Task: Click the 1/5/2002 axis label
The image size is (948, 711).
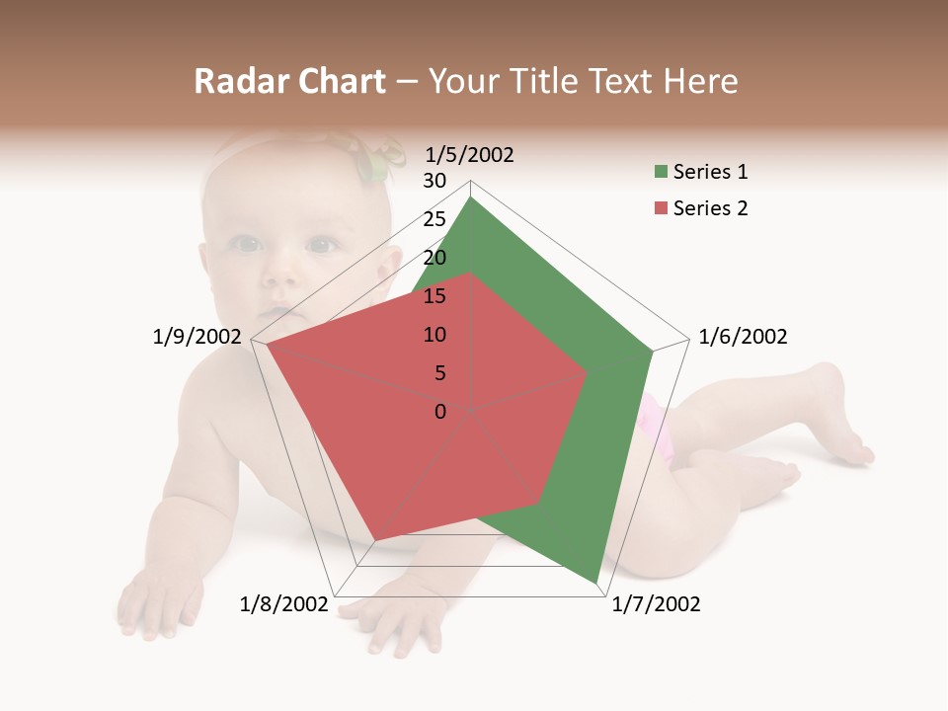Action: [470, 155]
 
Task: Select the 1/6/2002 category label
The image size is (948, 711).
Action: [743, 337]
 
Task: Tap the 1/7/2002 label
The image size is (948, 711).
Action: [656, 604]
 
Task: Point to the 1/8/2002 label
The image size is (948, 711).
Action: [283, 604]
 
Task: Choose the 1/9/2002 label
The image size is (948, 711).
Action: [197, 337]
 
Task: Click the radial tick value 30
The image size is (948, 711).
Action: [434, 181]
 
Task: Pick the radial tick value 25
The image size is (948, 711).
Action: [434, 219]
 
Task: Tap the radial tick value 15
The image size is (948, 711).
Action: [434, 296]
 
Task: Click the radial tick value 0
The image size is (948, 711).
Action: [440, 412]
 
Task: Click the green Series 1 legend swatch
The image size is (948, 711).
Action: [661, 173]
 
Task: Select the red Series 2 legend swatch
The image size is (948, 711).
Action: [661, 208]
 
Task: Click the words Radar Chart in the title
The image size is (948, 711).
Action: [289, 81]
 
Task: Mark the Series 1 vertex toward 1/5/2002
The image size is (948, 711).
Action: [471, 197]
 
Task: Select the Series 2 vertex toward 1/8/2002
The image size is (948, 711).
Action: [373, 541]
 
